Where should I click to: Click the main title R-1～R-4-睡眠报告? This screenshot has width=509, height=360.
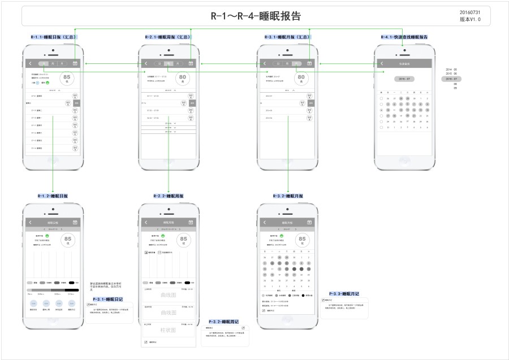(256, 16)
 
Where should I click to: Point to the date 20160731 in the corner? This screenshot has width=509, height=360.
(470, 12)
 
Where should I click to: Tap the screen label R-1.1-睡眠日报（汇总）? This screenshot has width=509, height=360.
(54, 37)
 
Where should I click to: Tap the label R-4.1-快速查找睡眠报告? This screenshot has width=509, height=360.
(404, 37)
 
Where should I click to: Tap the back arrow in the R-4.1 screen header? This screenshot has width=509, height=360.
(382, 64)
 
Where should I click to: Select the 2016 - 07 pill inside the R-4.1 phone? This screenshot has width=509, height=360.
(404, 79)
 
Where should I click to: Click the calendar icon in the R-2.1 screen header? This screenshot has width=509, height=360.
(191, 64)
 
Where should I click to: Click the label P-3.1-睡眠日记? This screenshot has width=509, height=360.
(107, 299)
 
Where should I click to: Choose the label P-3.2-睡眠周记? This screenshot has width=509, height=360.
(224, 322)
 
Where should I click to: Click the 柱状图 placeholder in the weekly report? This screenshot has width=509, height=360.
(169, 330)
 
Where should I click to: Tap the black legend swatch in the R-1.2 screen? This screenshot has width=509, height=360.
(72, 282)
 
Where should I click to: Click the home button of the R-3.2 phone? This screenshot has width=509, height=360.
(287, 339)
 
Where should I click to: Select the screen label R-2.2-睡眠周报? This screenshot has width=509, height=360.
(169, 196)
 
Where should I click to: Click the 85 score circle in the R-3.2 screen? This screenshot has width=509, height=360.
(302, 240)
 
